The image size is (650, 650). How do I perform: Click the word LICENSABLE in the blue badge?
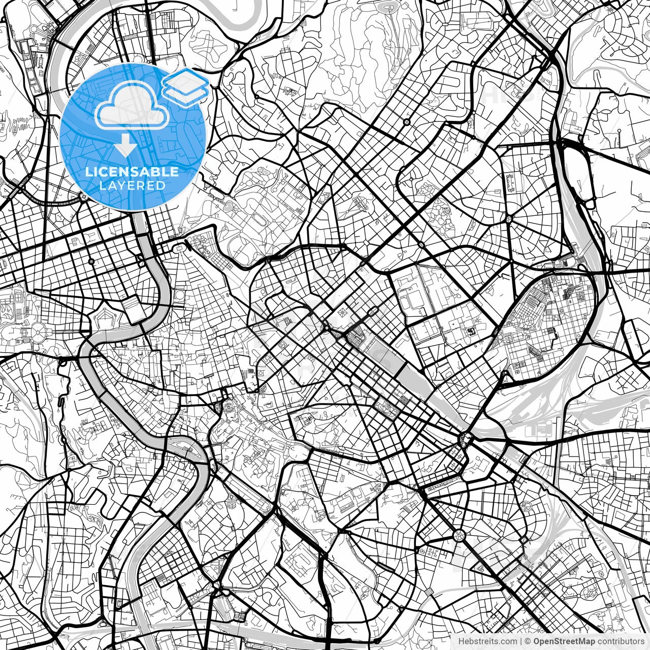(132, 172)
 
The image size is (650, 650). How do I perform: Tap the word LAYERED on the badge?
(132, 185)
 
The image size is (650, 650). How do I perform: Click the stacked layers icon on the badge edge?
(185, 86)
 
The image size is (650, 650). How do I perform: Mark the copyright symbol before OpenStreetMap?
(528, 641)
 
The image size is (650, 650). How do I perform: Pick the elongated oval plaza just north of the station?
(374, 311)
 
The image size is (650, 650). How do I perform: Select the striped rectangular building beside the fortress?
(132, 305)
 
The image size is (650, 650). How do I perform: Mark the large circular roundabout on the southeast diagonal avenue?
(459, 535)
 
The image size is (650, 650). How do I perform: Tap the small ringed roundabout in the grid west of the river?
(91, 262)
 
